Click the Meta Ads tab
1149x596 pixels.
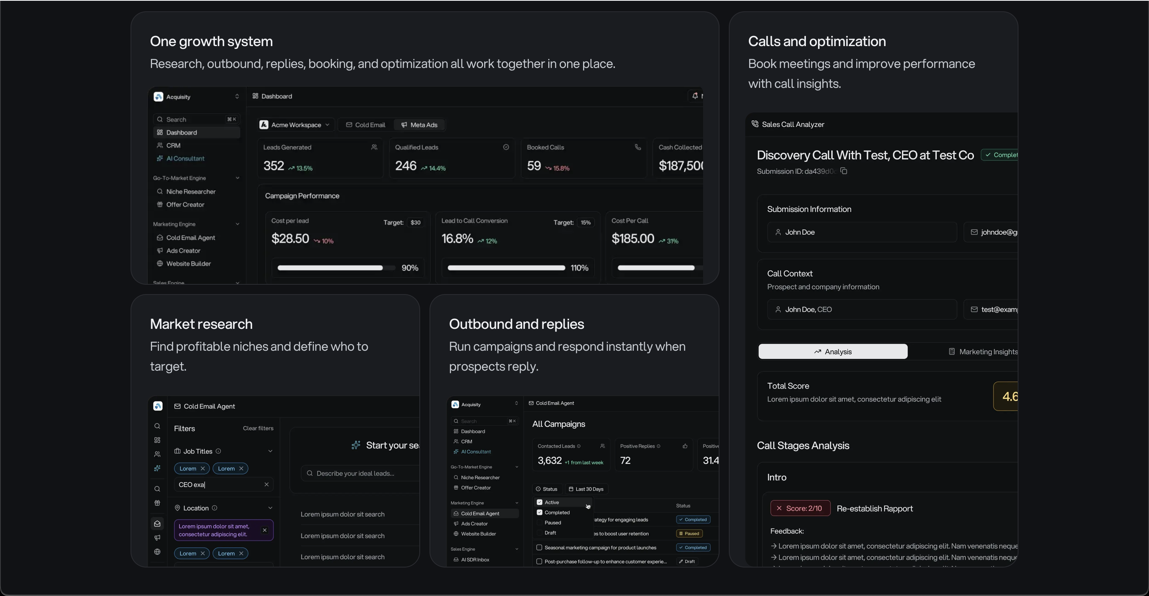[x=419, y=125]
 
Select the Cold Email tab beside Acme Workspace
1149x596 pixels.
[x=365, y=125]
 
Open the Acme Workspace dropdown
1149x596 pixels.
[x=295, y=125]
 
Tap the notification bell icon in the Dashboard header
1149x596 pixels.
[x=694, y=96]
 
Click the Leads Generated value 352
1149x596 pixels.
[x=274, y=166]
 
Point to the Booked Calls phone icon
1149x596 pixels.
[x=637, y=147]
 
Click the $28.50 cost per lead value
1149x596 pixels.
[x=290, y=239]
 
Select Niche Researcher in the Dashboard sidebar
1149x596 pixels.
[x=190, y=192]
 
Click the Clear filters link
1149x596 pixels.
[x=258, y=428]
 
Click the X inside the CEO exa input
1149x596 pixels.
[x=266, y=485]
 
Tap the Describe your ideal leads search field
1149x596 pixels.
[x=361, y=473]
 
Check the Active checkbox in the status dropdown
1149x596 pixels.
[x=539, y=502]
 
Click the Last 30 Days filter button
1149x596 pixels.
[x=586, y=489]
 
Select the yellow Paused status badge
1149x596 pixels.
[x=689, y=534]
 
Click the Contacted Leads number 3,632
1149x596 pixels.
[x=549, y=460]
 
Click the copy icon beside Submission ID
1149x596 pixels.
[x=843, y=171]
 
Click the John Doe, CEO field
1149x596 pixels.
[x=861, y=309]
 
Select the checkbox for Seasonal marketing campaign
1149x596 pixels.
[x=539, y=548]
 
